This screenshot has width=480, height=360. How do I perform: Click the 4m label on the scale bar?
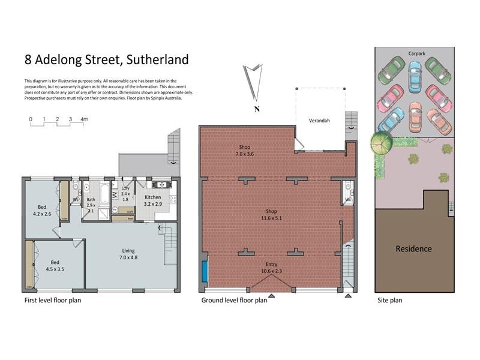click(84, 119)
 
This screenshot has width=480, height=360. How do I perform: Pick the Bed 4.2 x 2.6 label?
click(42, 211)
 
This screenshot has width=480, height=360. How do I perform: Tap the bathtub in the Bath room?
click(101, 193)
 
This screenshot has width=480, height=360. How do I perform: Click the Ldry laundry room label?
click(125, 193)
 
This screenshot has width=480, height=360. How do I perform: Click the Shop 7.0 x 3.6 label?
click(244, 151)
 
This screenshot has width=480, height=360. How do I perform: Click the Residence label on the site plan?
click(413, 249)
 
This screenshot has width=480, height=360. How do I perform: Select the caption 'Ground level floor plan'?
click(234, 300)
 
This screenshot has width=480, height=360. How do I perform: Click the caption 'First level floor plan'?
click(52, 300)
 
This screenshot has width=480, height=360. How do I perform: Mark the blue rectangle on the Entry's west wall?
click(205, 271)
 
